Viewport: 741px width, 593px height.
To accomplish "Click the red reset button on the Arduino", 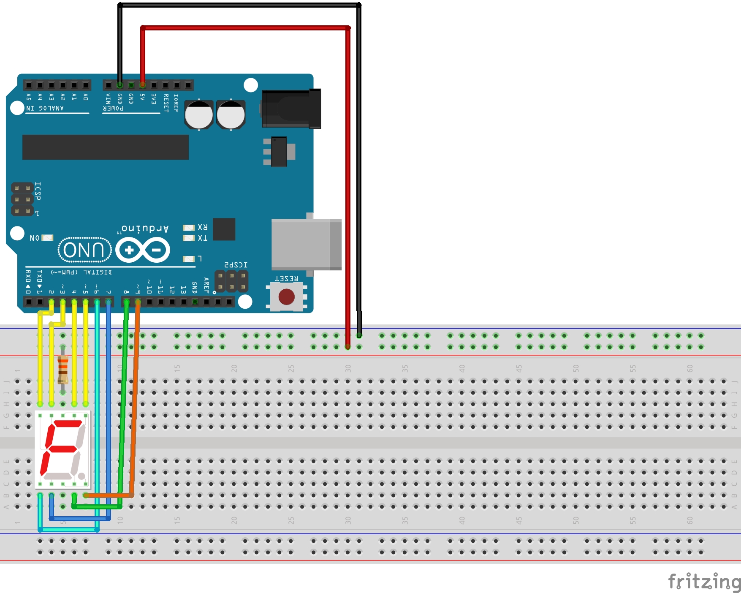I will tap(287, 296).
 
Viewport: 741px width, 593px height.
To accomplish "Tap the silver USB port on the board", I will tap(306, 245).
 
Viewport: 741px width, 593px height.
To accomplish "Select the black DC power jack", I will tap(291, 109).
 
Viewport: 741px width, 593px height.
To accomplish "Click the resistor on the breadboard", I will tap(63, 369).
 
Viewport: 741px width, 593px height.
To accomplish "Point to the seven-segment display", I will tap(62, 449).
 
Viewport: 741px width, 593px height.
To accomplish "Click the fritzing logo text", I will tap(704, 582).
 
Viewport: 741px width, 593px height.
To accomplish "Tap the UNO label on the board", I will tap(84, 250).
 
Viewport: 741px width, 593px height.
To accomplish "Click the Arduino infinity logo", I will tap(143, 250).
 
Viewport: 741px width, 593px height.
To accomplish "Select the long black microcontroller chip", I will tap(105, 147).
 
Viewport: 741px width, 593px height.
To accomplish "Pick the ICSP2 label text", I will tap(236, 265).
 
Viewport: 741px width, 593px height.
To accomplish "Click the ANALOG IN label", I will tap(45, 109).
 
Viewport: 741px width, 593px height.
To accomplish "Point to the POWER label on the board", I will tap(113, 109).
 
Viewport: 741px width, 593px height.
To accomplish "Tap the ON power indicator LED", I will tap(47, 238).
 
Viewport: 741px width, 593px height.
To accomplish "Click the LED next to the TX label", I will tap(188, 238).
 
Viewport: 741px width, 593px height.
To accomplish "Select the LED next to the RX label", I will tap(188, 228).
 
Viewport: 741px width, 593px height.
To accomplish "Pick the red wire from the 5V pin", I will tap(348, 169).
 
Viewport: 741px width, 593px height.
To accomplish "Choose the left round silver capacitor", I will tap(199, 114).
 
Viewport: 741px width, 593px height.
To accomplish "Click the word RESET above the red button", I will tap(287, 279).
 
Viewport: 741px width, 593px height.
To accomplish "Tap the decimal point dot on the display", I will tap(81, 476).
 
